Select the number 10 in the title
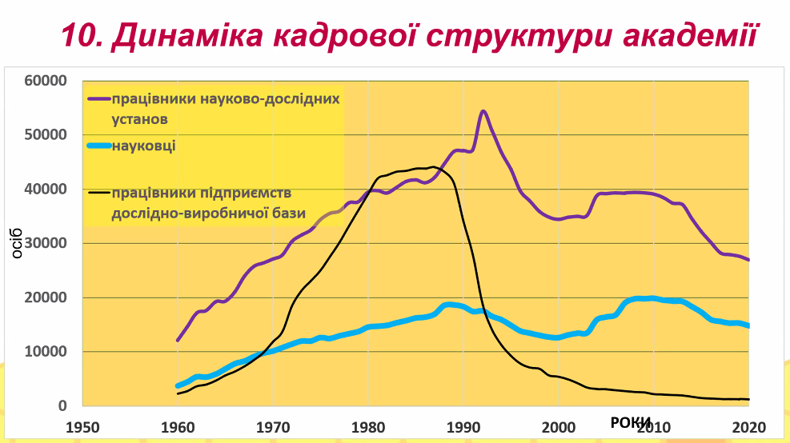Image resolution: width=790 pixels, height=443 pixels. [x=80, y=36]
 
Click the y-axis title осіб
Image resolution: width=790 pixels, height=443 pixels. [x=17, y=243]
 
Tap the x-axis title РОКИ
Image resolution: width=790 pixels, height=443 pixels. [x=632, y=422]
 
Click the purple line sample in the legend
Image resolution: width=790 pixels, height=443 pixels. [x=98, y=100]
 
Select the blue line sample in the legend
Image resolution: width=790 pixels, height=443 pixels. [x=98, y=146]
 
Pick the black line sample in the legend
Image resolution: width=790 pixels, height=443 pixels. [x=98, y=192]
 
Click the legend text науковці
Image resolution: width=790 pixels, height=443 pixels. [x=145, y=146]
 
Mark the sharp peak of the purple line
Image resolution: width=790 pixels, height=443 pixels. [x=483, y=111]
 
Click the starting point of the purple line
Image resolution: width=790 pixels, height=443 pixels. [x=178, y=341]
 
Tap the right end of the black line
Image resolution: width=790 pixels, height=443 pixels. [x=748, y=399]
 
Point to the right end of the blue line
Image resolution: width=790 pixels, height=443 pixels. [x=748, y=325]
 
